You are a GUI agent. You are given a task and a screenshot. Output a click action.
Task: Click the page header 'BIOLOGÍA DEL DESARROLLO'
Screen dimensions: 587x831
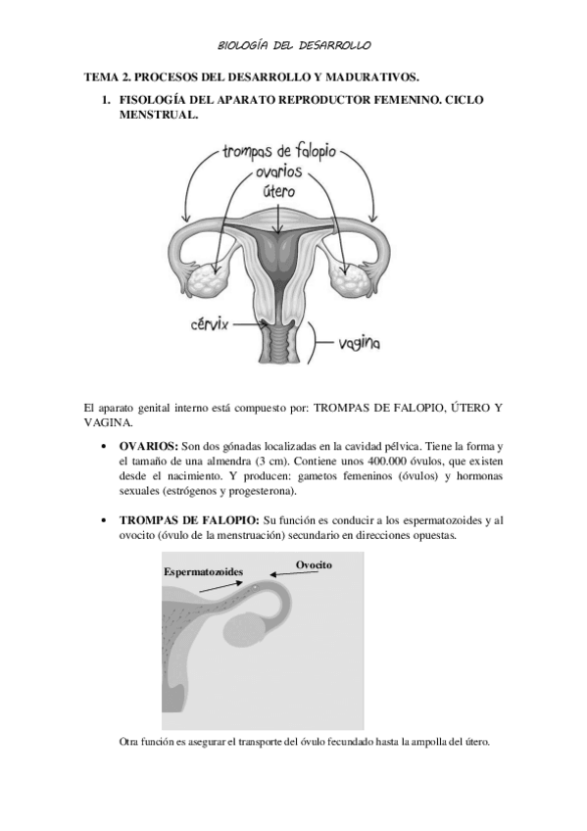293,46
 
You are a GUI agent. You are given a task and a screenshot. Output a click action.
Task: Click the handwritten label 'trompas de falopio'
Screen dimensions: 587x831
279,152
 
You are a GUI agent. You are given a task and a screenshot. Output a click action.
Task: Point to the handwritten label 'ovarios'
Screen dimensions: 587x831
279,172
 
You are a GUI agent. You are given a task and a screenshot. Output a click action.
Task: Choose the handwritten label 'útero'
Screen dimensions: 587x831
279,191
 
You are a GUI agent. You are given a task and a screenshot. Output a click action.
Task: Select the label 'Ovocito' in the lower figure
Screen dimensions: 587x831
314,563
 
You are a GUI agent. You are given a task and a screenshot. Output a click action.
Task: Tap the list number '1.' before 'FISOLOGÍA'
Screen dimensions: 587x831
108,100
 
